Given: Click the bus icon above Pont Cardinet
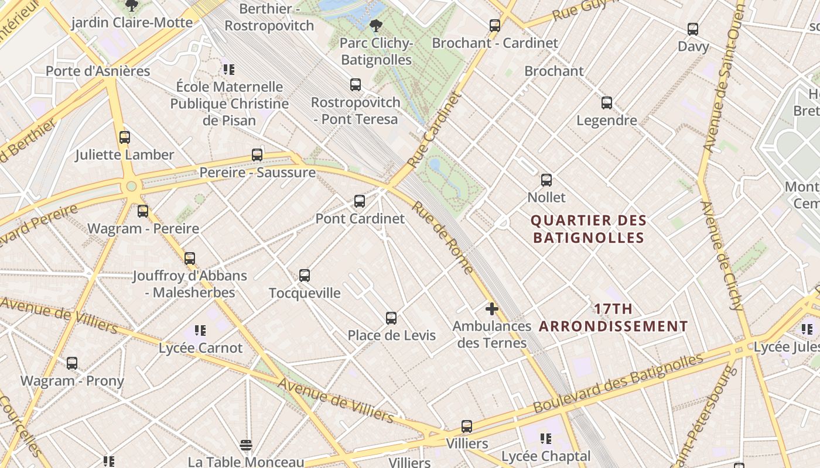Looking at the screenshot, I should pos(360,201).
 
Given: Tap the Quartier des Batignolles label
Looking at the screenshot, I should pos(588,229).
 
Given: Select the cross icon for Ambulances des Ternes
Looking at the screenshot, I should pos(492,308).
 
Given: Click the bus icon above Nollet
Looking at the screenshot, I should pos(546,180).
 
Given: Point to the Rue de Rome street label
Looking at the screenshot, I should pos(442,238).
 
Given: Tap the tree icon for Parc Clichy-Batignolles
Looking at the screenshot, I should pos(376,25).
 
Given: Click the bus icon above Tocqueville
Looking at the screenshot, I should pos(305,275).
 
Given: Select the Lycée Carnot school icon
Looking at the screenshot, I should pos(200,331).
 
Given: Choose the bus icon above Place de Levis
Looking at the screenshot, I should pos(391,318).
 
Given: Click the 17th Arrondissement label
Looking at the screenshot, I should pos(613,318).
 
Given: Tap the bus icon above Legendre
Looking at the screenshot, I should pos(607,103).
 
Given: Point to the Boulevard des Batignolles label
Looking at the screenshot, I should pos(618,383).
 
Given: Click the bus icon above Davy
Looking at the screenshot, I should pos(693,29).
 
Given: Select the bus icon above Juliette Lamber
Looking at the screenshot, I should pos(125,137).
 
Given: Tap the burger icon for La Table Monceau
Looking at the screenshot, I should pos(246,445).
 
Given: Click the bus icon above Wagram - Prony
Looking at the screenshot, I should pos(72,363).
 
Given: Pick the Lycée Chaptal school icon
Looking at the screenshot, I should pos(546,439).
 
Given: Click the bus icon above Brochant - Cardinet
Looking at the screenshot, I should pos(495,25).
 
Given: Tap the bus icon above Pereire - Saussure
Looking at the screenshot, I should pos(257,155).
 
